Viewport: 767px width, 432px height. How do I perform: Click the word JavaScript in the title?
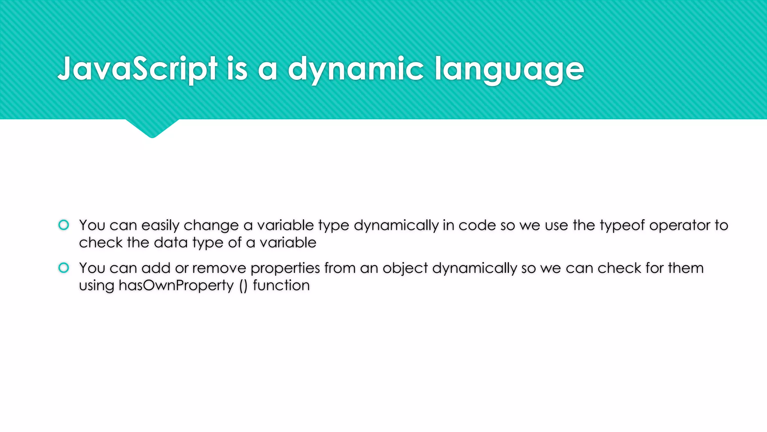coord(137,69)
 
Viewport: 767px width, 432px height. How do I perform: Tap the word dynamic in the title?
coord(356,69)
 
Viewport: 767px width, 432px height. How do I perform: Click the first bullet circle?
coord(64,225)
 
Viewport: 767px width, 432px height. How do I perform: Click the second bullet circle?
coord(64,268)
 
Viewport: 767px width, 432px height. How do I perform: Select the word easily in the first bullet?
coord(160,225)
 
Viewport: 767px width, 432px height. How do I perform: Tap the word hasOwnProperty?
coord(176,285)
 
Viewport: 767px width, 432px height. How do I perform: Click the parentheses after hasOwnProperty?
coord(243,286)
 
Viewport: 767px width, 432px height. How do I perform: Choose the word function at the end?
coord(281,285)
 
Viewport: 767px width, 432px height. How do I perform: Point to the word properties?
coord(285,268)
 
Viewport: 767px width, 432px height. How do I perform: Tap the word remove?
coord(219,268)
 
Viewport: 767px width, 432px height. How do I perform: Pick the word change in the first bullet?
coord(211,225)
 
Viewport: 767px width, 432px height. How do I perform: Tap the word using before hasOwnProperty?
coord(97,285)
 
